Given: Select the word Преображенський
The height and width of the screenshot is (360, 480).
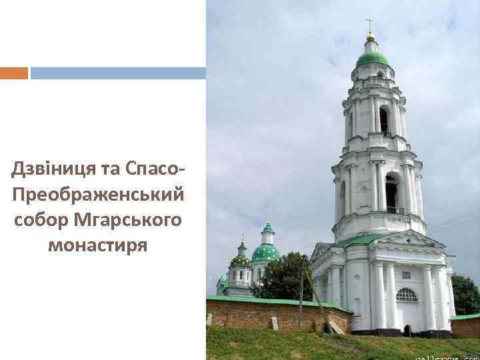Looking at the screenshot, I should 97,195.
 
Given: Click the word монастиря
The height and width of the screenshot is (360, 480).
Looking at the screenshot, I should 97,245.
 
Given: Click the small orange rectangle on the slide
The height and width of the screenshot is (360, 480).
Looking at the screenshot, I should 14,73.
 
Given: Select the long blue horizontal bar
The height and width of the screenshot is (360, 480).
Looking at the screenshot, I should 118,73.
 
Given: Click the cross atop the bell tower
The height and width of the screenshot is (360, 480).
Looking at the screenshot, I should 370,25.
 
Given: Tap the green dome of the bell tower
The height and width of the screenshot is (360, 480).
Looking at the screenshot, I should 371,59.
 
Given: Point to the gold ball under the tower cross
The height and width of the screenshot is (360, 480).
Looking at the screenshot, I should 371,37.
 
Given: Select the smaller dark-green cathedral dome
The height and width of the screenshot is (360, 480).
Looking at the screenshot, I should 239,260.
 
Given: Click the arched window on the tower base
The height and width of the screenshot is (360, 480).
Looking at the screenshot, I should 406,295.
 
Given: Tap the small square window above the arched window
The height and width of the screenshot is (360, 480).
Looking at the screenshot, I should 406,275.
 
